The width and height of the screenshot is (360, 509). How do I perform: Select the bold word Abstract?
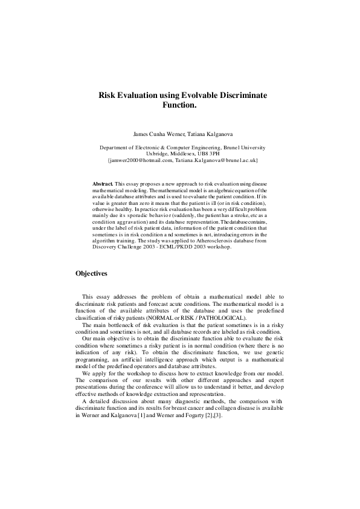(x=103, y=183)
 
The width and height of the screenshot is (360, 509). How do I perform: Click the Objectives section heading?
(x=91, y=273)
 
